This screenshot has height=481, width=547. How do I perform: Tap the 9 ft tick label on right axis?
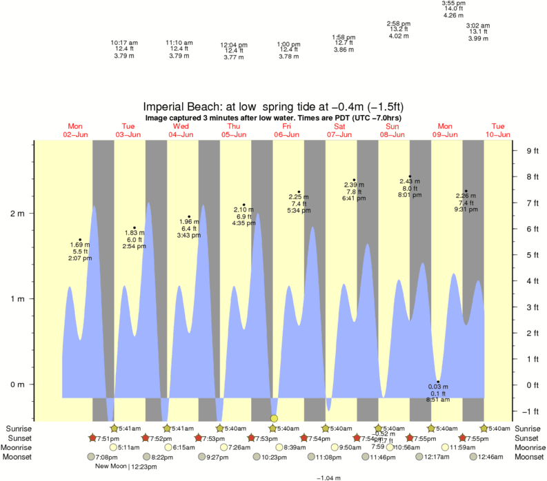click(532, 151)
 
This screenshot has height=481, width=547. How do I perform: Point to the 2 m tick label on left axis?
click(17, 214)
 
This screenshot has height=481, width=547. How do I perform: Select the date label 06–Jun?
click(286, 134)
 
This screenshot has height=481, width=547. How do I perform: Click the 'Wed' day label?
click(181, 126)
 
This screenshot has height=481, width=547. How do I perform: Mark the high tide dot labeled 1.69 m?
click(80, 240)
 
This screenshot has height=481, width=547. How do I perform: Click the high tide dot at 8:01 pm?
click(410, 176)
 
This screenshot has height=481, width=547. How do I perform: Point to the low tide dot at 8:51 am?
click(437, 382)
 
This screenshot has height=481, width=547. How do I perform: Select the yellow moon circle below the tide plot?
click(275, 418)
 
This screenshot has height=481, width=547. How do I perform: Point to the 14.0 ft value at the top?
click(452, 9)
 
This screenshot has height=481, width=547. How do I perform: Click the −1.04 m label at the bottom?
click(328, 478)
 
